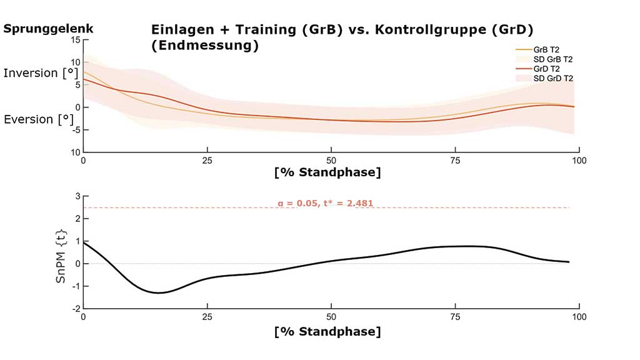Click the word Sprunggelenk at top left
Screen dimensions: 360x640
click(x=48, y=28)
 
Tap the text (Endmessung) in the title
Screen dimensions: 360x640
click(x=204, y=46)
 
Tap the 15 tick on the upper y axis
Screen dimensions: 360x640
click(x=76, y=39)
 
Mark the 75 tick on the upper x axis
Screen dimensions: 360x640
click(x=456, y=160)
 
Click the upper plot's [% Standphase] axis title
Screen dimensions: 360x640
click(x=327, y=172)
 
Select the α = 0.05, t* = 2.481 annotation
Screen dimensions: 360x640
click(x=325, y=202)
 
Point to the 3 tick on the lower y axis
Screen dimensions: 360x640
click(x=77, y=196)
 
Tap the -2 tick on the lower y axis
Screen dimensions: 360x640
click(x=76, y=309)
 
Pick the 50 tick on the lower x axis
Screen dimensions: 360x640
click(x=331, y=317)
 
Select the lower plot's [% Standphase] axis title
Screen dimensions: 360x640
click(x=327, y=331)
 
